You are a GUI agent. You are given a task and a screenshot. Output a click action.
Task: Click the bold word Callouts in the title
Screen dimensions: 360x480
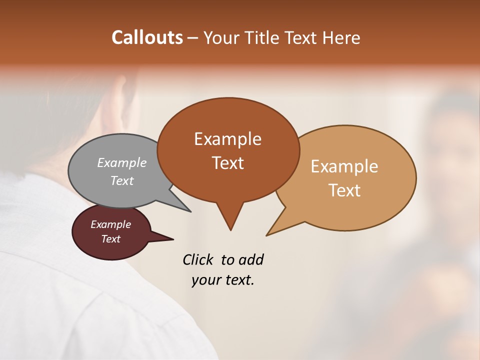click(147, 37)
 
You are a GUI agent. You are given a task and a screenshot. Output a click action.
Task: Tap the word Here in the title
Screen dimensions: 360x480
click(342, 37)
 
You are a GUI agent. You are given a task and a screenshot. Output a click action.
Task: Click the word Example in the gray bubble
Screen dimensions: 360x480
click(122, 162)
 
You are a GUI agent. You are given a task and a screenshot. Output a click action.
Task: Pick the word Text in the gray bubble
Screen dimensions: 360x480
click(122, 180)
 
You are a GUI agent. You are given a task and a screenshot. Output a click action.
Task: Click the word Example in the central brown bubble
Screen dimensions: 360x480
click(227, 138)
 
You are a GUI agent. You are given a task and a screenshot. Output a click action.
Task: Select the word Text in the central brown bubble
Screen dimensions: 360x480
click(227, 162)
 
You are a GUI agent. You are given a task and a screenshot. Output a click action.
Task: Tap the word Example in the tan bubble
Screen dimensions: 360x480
click(344, 166)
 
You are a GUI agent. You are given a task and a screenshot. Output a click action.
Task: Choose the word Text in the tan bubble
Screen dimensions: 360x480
click(344, 190)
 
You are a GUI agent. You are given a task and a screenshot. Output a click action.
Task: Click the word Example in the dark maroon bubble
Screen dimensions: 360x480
click(111, 224)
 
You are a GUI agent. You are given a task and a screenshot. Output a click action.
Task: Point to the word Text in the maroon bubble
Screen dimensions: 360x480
click(111, 239)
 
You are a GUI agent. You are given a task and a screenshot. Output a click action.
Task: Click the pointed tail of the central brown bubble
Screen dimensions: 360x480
click(230, 222)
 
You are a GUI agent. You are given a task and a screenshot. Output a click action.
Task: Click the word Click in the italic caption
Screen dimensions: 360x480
click(198, 259)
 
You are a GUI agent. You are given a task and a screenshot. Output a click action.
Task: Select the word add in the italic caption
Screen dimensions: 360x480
click(251, 259)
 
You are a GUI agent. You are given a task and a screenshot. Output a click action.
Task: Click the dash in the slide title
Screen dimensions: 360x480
click(193, 38)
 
